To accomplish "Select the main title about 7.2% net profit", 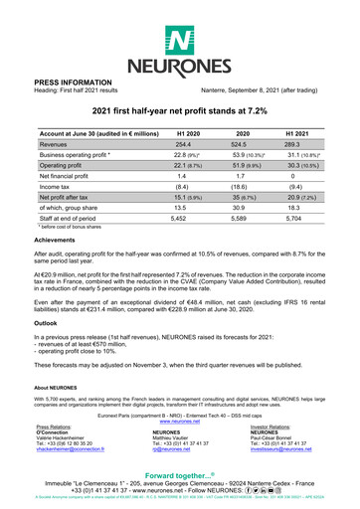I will click(x=179, y=113).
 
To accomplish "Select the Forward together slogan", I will click(x=179, y=476).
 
